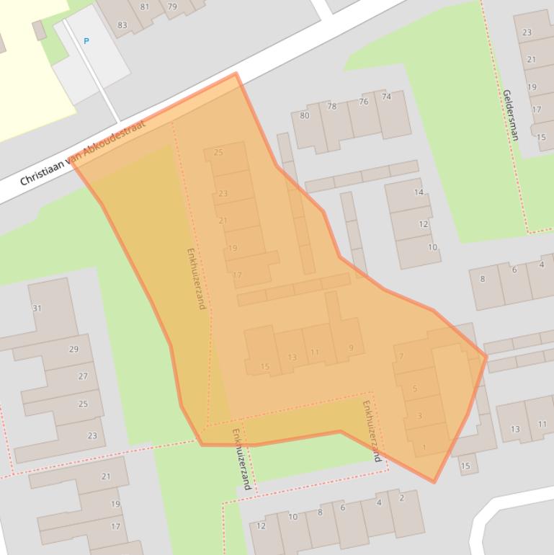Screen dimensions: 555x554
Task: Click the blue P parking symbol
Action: pos(86,41)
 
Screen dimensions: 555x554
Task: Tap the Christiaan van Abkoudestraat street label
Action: pos(82,153)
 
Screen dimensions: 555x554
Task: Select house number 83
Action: pos(122,25)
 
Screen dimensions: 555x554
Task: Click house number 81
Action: pos(145,7)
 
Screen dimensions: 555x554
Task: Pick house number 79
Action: pos(172,7)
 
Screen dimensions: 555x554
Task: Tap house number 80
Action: pos(304,115)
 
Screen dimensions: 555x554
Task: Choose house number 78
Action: pos(331,107)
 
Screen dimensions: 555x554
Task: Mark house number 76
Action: pos(363,102)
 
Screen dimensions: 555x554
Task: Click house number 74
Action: pos(387,97)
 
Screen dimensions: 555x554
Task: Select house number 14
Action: pos(419,192)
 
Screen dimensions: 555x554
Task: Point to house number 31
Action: pos(37,308)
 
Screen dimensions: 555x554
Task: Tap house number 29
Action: pos(73,350)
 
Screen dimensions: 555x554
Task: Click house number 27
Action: pos(83,376)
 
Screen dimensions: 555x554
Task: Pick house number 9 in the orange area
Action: pos(351,348)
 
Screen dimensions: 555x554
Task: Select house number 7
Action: pos(401,356)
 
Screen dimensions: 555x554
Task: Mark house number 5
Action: pos(415,389)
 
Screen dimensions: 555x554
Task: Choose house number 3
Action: pos(419,416)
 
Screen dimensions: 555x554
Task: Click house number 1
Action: pos(424,448)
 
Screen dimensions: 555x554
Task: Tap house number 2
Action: pos(401,497)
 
